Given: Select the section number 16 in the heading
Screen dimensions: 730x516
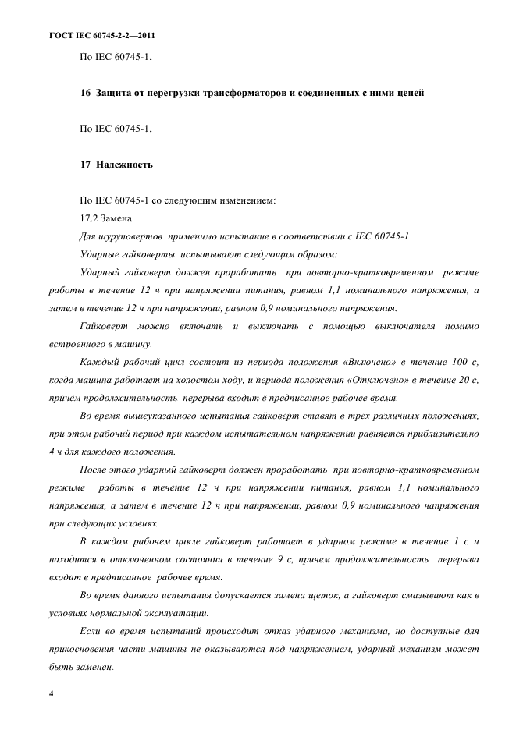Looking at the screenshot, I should (85, 94).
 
